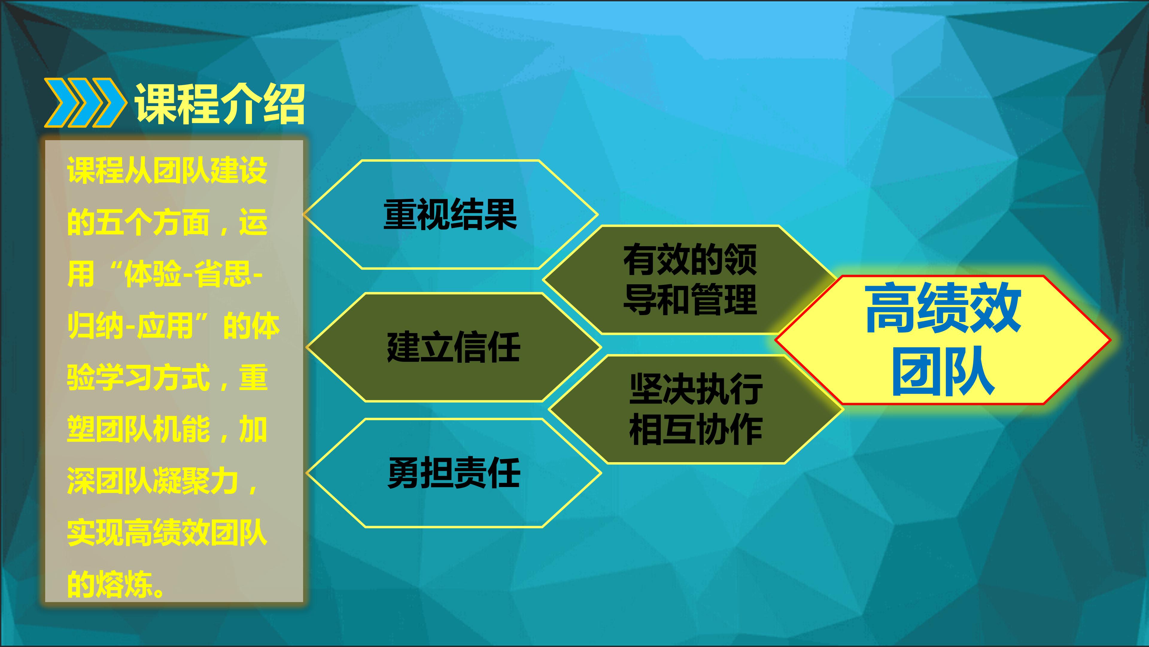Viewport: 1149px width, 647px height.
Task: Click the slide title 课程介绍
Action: (x=220, y=104)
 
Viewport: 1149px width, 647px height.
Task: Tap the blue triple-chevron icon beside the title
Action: (x=84, y=103)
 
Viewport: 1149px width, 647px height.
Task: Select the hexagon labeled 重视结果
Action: (x=451, y=215)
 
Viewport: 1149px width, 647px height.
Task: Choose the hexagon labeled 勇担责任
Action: (x=454, y=473)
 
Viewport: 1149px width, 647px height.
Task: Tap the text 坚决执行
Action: (x=696, y=389)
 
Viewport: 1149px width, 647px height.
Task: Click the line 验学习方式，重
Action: (x=167, y=377)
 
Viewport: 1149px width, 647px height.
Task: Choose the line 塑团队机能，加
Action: (x=167, y=429)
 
